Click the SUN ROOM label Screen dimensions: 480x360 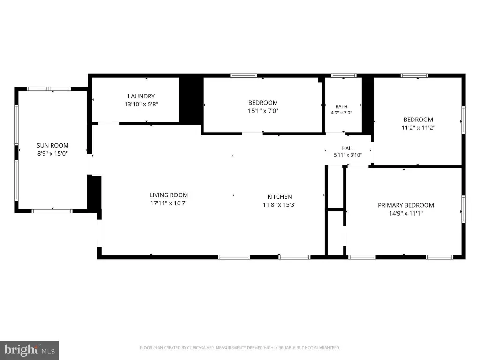coord(52,146)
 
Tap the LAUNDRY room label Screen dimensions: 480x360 coord(141,96)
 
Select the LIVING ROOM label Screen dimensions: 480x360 coord(169,195)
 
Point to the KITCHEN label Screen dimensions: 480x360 coord(279,196)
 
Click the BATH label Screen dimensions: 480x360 coord(341,106)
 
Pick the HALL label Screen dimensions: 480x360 coord(348,148)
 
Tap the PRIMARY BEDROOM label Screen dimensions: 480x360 coord(405,205)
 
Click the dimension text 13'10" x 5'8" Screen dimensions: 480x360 coord(141,104)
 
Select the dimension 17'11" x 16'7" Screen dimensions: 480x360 coord(169,203)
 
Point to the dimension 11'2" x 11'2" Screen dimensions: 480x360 coord(418,127)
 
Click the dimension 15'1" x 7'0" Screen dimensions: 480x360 coord(263,111)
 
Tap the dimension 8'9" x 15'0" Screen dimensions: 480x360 coord(52,154)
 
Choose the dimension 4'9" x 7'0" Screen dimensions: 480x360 coord(341,112)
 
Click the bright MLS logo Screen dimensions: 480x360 coord(30,350)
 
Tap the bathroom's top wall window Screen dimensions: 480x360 coord(344,75)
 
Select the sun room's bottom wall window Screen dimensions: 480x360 coord(52,211)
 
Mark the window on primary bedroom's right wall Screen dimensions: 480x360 coord(464,209)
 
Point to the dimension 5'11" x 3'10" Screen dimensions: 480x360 coord(348,155)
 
